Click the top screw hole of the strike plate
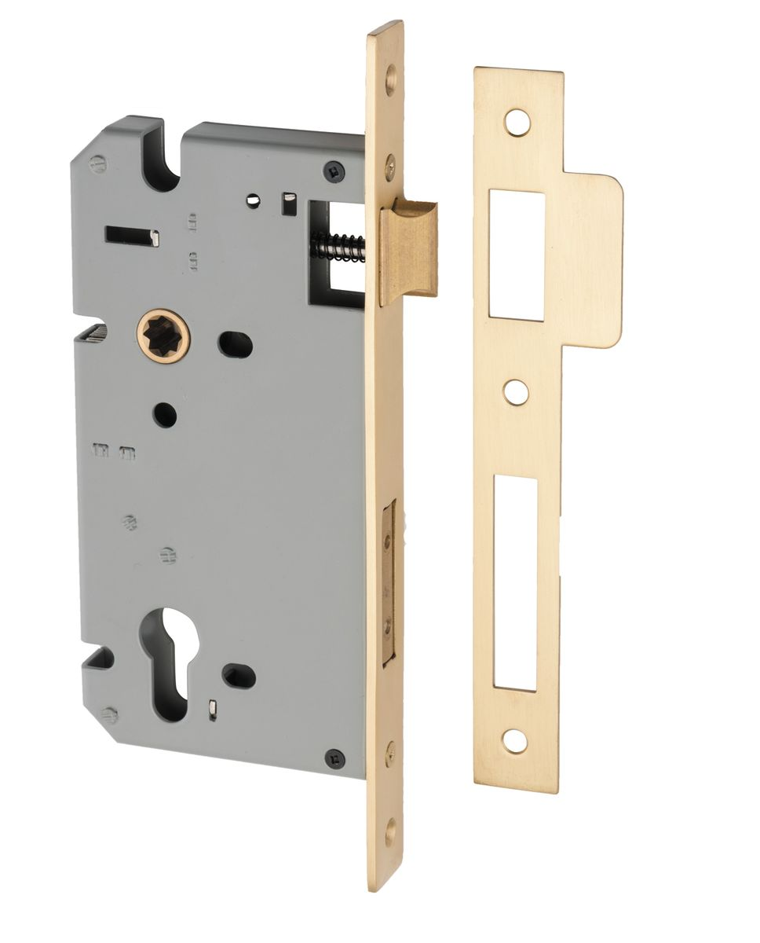coord(517,122)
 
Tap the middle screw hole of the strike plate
coord(516,391)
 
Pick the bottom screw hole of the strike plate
coord(515,740)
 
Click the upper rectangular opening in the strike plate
coord(516,255)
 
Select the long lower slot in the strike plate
coord(515,584)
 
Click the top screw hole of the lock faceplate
coord(390,79)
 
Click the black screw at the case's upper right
coord(334,170)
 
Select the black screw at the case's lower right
coord(335,758)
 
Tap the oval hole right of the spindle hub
coord(235,344)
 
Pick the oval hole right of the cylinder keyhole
coord(239,676)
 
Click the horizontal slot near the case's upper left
coord(132,234)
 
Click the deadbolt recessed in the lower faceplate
coord(387,585)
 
